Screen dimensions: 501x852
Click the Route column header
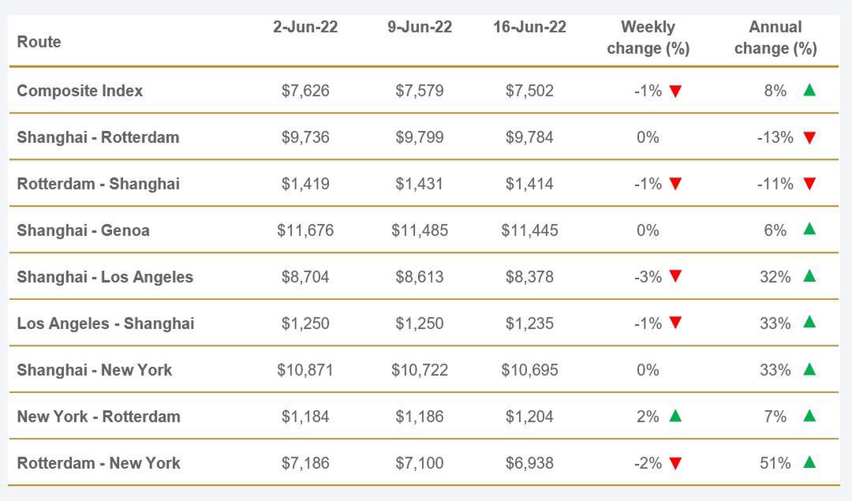pyautogui.click(x=39, y=42)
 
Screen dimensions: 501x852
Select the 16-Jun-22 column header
pyautogui.click(x=529, y=27)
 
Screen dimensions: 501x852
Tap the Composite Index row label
pyautogui.click(x=80, y=91)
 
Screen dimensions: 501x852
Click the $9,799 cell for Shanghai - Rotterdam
pyautogui.click(x=419, y=137)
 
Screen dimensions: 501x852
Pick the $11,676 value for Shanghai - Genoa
pyautogui.click(x=305, y=230)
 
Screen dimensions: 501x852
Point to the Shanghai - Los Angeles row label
pyautogui.click(x=105, y=277)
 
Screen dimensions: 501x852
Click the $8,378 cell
pyautogui.click(x=529, y=277)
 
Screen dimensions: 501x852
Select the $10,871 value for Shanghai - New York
pyautogui.click(x=305, y=370)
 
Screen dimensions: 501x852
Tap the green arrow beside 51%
pyautogui.click(x=809, y=462)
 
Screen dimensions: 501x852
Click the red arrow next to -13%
pyautogui.click(x=809, y=138)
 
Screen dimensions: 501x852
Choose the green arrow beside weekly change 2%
pyautogui.click(x=674, y=416)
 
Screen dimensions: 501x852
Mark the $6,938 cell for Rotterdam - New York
pyautogui.click(x=529, y=463)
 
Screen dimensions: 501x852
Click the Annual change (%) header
pyautogui.click(x=775, y=38)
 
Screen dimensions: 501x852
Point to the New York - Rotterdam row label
pyautogui.click(x=99, y=417)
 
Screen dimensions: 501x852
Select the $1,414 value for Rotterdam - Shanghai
pyautogui.click(x=529, y=184)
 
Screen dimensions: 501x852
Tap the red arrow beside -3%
pyautogui.click(x=674, y=277)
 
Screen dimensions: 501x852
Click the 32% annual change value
pyautogui.click(x=775, y=277)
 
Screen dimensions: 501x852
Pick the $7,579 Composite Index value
pyautogui.click(x=419, y=91)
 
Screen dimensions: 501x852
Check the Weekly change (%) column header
pyautogui.click(x=648, y=38)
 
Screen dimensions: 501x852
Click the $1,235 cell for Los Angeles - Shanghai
pyautogui.click(x=529, y=323)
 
